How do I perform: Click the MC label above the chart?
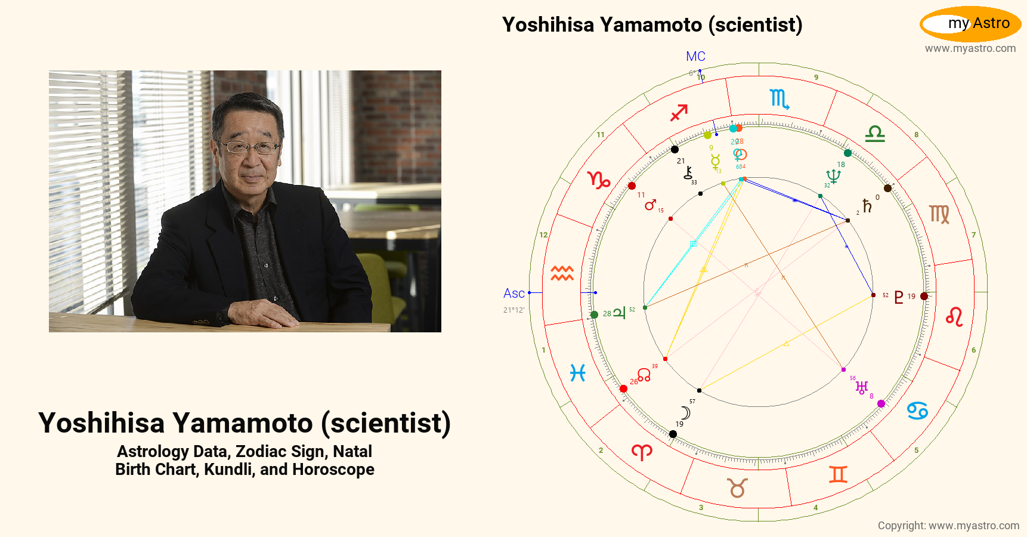(695, 57)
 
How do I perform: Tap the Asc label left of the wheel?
(513, 294)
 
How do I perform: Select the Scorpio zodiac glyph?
(779, 98)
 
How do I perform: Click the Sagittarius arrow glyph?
(679, 112)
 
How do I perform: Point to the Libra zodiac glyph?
(875, 134)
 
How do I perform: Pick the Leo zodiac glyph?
(954, 316)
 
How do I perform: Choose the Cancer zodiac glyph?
(917, 411)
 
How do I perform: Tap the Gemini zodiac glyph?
(838, 474)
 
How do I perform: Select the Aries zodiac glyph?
(642, 452)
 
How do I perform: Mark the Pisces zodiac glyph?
(577, 373)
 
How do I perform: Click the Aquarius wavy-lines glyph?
(562, 273)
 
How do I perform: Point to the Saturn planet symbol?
(867, 206)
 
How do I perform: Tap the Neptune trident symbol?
(833, 176)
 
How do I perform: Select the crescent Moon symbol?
(686, 413)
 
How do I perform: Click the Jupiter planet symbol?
(619, 313)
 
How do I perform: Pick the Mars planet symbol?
(650, 205)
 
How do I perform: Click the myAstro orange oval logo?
(970, 24)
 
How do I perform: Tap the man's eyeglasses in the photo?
(249, 146)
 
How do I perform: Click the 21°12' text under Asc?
(513, 310)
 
